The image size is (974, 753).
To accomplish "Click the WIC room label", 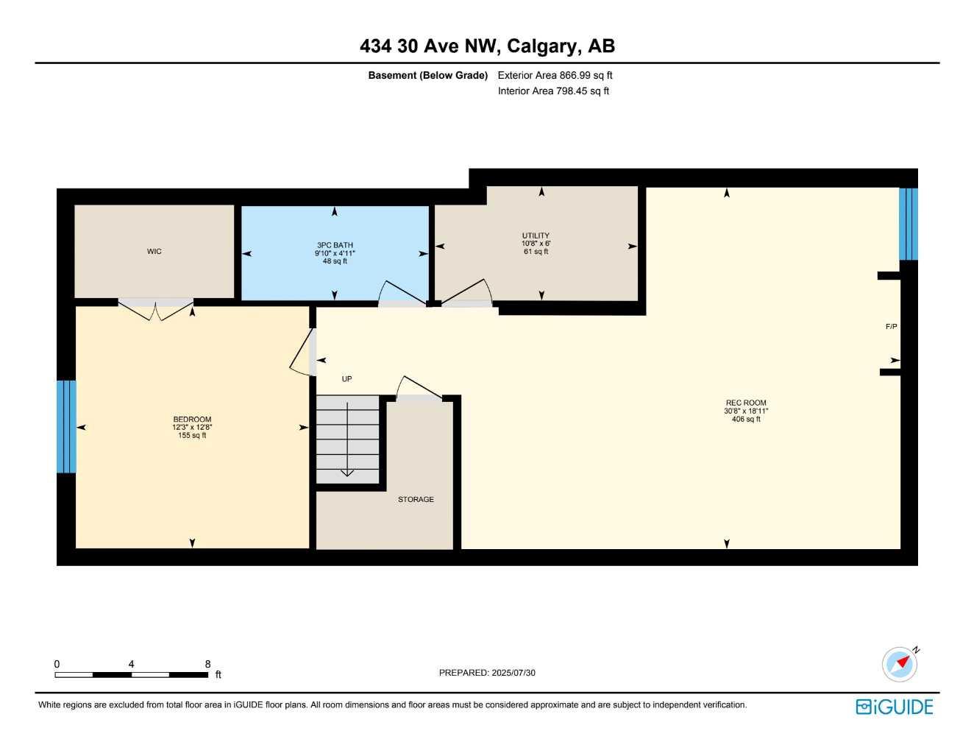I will coord(154,252).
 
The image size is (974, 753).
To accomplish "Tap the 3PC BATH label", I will coord(335,245).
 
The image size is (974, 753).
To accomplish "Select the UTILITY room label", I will coord(536,236).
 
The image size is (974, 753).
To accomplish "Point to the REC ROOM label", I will coord(746,403).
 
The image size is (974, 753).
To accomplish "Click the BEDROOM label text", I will coord(192,420).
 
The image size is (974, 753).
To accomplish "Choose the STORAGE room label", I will coord(416,499).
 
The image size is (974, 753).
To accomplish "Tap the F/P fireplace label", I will coord(891,326).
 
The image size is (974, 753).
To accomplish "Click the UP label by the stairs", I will coord(346,379).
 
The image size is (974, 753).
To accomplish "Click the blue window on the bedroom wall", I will coord(66,426).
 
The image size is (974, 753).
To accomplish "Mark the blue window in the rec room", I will coord(909,224).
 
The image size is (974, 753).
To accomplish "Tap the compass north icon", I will coord(900,664).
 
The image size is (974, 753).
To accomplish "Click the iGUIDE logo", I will coord(895,707).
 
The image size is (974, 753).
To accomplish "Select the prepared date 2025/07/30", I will coord(487,673).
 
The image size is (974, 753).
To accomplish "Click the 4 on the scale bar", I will coord(132,664).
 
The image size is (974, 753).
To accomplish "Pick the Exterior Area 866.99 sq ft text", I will coord(555,75).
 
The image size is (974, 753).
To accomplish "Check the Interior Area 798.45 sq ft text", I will coord(553,91).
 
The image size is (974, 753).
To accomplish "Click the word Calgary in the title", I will coord(542,46).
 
